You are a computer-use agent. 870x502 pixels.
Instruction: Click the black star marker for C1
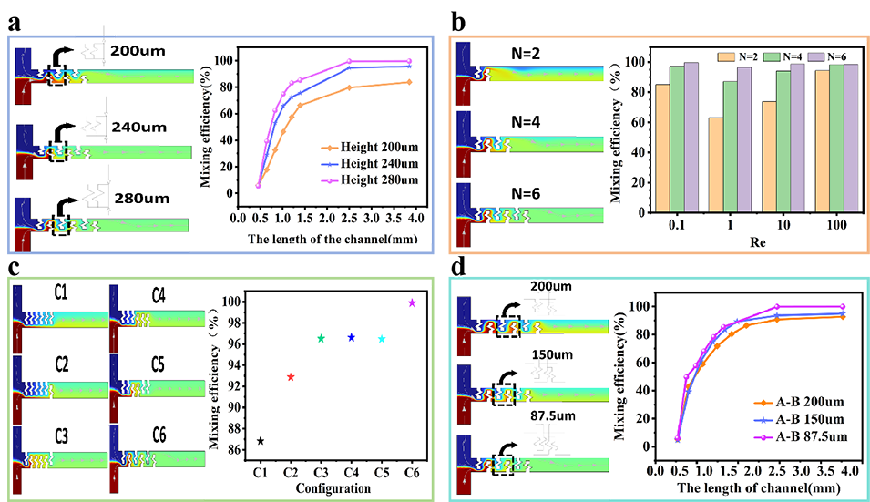tap(261, 441)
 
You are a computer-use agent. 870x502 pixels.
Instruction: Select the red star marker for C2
tap(291, 376)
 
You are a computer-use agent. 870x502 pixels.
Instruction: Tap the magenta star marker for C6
tap(412, 302)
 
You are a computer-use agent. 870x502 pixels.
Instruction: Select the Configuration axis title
tap(333, 488)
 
